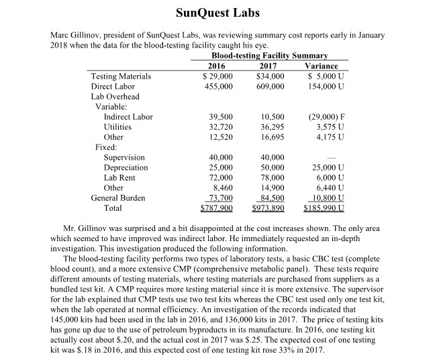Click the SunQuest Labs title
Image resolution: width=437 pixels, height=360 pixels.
(218, 12)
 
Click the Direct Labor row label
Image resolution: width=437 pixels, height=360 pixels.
(113, 87)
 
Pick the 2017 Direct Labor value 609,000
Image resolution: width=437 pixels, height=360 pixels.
(270, 87)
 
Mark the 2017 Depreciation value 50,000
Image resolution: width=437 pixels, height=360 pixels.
(272, 167)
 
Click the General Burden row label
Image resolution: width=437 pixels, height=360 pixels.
(118, 197)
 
